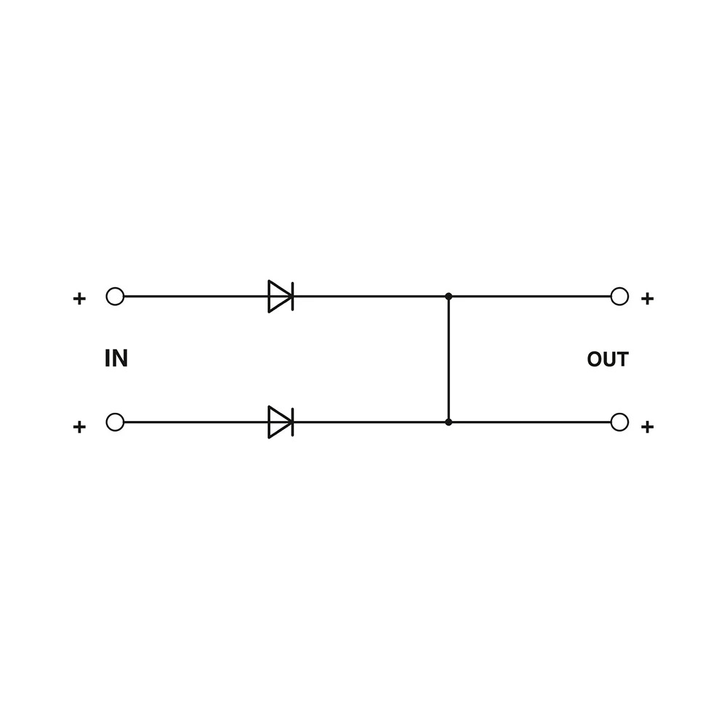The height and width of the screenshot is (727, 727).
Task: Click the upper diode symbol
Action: click(x=281, y=297)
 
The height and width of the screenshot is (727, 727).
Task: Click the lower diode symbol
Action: click(x=281, y=422)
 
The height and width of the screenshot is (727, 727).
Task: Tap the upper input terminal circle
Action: click(x=115, y=297)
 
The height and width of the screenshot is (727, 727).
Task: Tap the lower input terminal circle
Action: click(x=115, y=422)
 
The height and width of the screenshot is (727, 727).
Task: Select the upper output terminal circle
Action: click(x=619, y=297)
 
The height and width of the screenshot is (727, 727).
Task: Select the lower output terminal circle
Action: click(x=619, y=422)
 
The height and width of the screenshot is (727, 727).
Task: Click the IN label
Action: click(x=116, y=358)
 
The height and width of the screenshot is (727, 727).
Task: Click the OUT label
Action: click(x=607, y=359)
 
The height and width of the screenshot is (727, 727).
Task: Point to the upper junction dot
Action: click(x=449, y=297)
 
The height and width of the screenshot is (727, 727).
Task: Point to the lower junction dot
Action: click(x=449, y=422)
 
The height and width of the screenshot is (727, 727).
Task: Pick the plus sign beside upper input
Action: click(x=79, y=299)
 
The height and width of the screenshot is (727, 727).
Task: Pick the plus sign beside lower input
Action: click(x=79, y=427)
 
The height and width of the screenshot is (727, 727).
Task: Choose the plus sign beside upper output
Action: click(x=647, y=299)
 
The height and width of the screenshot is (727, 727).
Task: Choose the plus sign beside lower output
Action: click(x=647, y=427)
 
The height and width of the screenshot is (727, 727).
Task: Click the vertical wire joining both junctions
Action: click(x=449, y=359)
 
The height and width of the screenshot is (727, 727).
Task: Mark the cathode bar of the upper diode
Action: click(x=292, y=297)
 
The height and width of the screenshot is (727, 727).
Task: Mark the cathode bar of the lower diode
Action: click(x=292, y=422)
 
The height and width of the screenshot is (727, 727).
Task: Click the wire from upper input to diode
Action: click(x=196, y=297)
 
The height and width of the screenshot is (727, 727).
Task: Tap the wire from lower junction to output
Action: click(x=529, y=422)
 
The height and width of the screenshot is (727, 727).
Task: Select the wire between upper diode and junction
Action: click(x=371, y=297)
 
